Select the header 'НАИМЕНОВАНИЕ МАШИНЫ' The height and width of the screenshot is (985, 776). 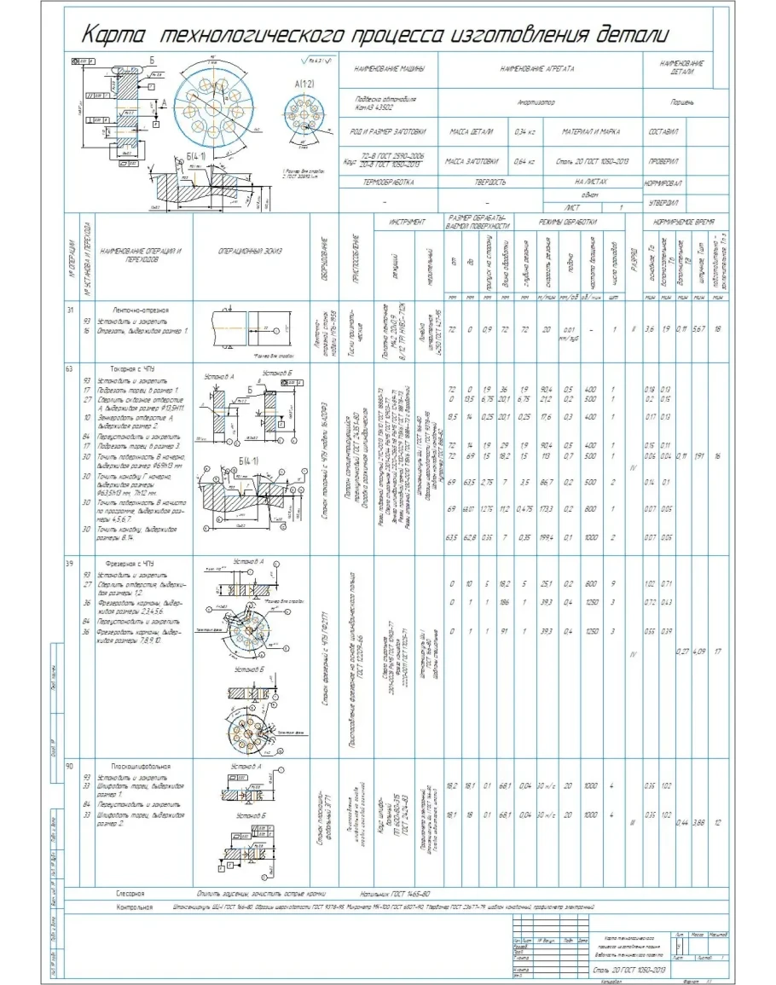click(387, 67)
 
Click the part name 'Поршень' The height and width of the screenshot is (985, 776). click(686, 101)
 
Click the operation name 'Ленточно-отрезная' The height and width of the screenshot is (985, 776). click(139, 310)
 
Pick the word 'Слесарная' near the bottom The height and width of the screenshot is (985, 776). click(132, 892)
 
